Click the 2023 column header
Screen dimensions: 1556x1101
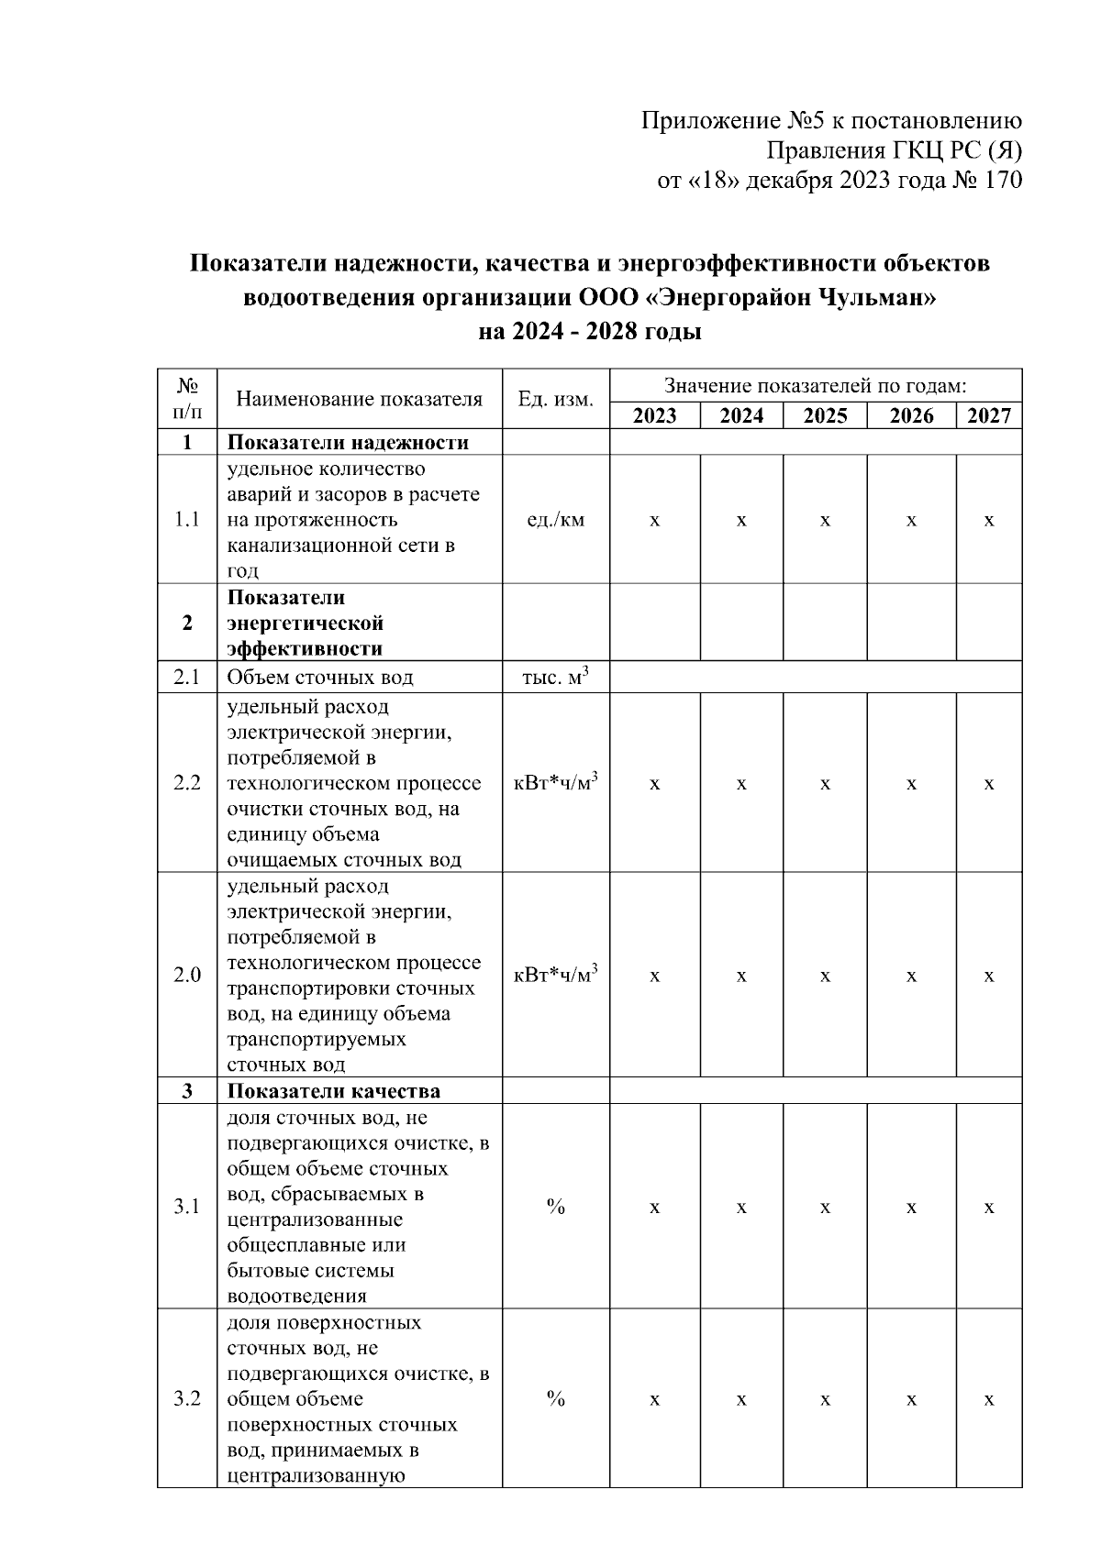[x=654, y=416]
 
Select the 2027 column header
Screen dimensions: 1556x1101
[x=988, y=416]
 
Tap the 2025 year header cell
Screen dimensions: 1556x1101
[x=825, y=416]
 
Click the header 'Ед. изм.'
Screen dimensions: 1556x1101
[x=555, y=399]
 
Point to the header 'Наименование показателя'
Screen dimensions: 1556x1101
[x=359, y=399]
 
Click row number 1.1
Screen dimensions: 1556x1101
[x=187, y=520]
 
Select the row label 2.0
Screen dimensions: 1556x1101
[x=187, y=975]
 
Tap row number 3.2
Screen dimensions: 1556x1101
[x=187, y=1399]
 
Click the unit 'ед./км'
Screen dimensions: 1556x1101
[x=555, y=520]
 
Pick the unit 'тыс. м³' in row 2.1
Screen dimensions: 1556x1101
[x=555, y=678]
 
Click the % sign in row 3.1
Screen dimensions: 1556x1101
[x=555, y=1207]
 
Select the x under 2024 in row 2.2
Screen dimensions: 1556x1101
[x=741, y=784]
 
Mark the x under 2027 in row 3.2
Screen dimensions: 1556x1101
[x=988, y=1400]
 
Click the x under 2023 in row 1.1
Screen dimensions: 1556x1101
[x=654, y=521]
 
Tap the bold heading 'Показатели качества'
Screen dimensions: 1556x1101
[x=333, y=1091]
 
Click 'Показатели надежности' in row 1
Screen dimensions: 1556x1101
[x=348, y=443]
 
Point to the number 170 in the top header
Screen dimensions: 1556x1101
[x=1002, y=181]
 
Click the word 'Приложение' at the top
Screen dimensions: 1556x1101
[x=711, y=121]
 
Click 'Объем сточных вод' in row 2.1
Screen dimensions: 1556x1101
[x=320, y=678]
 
